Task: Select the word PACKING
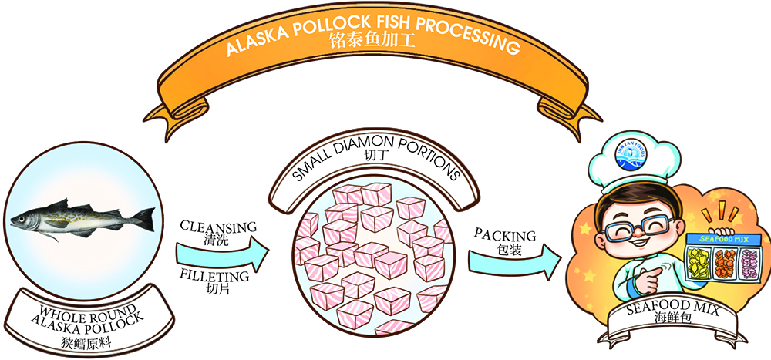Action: coord(503,232)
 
